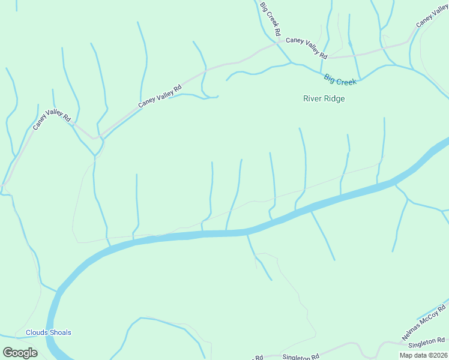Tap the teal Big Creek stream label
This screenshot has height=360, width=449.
(x=340, y=79)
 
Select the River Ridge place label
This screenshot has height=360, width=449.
(x=324, y=99)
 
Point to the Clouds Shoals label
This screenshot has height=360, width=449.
(x=48, y=332)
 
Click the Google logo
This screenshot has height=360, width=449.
(x=20, y=353)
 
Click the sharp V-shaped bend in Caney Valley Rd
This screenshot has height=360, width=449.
(x=94, y=137)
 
